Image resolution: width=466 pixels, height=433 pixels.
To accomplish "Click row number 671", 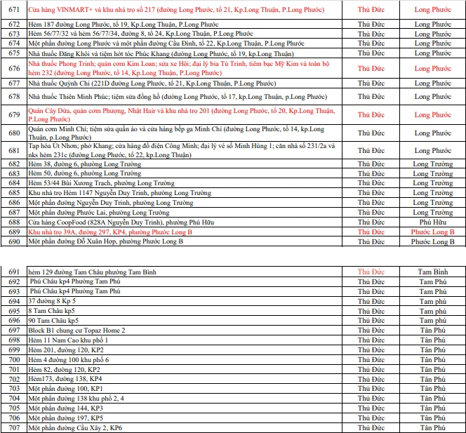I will [x=13, y=10].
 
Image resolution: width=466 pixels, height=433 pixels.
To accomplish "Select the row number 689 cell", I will [x=13, y=232].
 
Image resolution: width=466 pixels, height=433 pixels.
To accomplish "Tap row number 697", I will [x=13, y=330].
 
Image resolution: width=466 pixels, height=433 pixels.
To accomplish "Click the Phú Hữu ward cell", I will [x=433, y=222].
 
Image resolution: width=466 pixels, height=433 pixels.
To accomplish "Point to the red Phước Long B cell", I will [x=433, y=232].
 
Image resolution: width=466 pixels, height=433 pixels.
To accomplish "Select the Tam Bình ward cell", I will [x=433, y=272].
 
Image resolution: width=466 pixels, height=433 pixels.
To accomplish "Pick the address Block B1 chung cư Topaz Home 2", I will [x=76, y=330].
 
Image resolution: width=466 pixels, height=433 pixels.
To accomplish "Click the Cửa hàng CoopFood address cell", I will [x=98, y=222].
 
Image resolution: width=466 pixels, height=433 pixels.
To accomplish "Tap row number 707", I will [x=13, y=427].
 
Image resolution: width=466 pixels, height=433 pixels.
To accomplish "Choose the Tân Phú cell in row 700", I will [x=433, y=359].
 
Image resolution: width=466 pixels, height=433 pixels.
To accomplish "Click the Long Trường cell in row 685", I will [x=433, y=193].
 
